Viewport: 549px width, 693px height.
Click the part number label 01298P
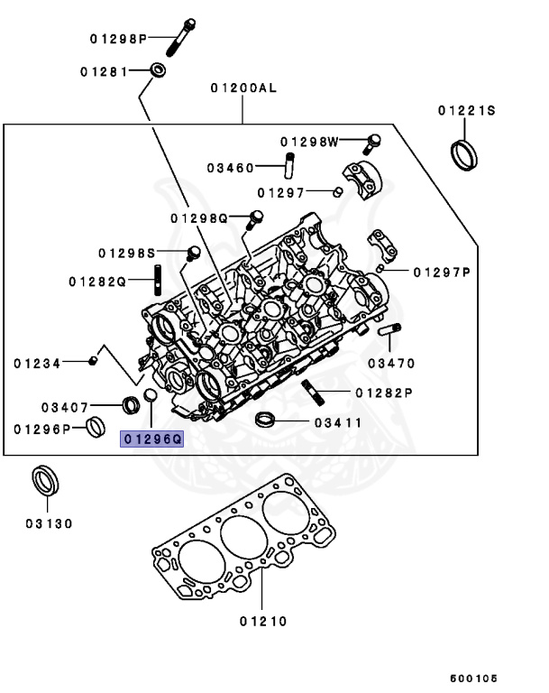pos(118,39)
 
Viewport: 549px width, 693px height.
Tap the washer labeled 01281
pos(159,69)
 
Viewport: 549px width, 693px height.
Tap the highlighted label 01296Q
pos(153,439)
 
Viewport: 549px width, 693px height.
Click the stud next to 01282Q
pos(159,280)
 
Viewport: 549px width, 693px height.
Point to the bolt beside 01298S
pos(193,252)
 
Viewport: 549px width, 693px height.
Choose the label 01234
pos(37,364)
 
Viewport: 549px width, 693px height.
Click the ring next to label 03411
pos(265,419)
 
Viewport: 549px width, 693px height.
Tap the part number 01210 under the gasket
pos(263,621)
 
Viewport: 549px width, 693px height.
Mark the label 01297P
pos(443,272)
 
